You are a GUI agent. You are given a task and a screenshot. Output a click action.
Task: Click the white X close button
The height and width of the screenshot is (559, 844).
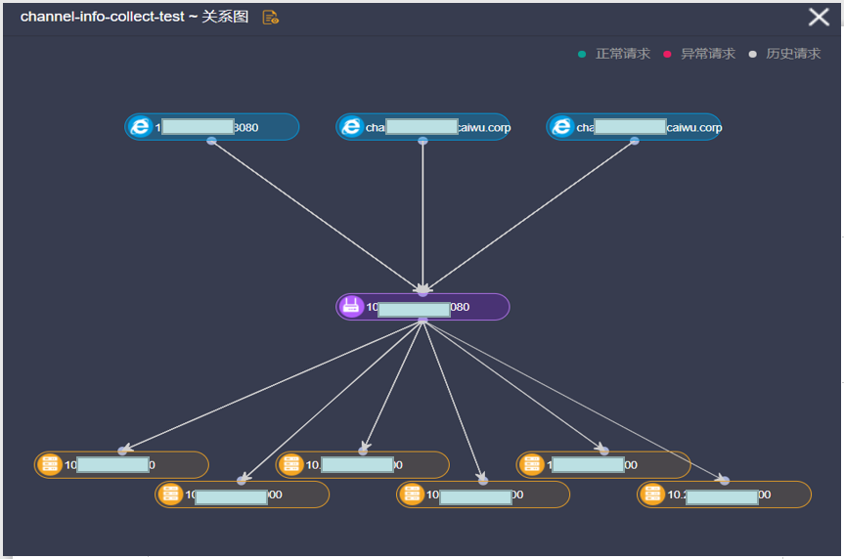click(819, 17)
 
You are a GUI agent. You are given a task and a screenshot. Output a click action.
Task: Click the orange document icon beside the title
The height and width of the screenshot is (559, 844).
click(271, 18)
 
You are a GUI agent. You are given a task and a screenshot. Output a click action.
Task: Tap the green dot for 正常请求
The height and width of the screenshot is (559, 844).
click(582, 54)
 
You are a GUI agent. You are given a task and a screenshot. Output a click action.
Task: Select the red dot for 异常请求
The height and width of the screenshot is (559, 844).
click(667, 54)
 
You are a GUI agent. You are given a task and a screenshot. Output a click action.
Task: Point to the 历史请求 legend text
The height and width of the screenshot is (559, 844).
click(793, 54)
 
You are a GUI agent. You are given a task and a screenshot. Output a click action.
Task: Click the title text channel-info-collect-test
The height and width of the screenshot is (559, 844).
click(102, 18)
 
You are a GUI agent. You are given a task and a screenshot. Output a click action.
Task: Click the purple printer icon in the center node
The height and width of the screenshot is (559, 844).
click(351, 307)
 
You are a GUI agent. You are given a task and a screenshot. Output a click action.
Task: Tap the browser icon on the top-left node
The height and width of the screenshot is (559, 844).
click(140, 127)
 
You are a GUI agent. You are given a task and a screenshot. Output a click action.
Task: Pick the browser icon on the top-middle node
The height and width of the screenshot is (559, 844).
click(351, 127)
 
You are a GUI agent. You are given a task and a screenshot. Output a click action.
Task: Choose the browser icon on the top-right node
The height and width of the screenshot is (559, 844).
click(561, 127)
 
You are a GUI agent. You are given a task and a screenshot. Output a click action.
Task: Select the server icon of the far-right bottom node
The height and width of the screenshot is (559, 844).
click(652, 494)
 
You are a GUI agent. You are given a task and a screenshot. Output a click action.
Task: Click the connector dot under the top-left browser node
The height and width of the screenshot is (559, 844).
click(211, 141)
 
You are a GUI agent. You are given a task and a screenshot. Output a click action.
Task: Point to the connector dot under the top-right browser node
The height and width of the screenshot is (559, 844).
click(635, 141)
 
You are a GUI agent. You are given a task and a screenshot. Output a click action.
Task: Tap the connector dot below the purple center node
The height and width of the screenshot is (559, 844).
click(422, 321)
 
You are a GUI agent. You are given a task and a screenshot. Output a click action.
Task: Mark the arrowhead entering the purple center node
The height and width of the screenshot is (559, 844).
click(422, 289)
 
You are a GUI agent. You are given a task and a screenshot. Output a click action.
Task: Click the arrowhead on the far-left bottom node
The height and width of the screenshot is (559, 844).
click(123, 450)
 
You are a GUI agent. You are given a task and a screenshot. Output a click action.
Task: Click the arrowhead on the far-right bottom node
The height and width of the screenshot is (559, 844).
click(724, 479)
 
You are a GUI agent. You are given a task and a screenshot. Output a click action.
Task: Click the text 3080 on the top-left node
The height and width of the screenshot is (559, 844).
click(246, 128)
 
